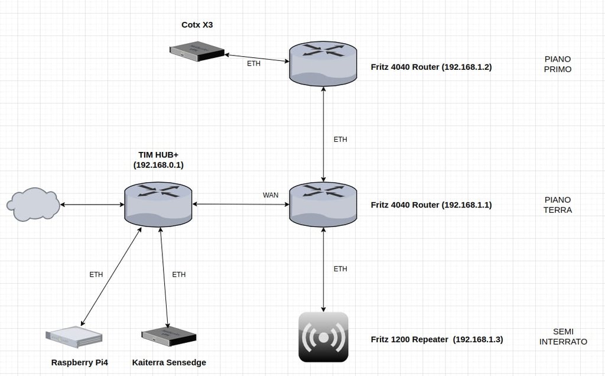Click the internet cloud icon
[34, 205]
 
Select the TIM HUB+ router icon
[158, 203]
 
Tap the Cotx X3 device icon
[196, 51]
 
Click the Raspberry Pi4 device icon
[74, 336]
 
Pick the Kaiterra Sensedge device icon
[169, 336]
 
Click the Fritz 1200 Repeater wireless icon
[323, 337]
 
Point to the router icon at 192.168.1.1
[323, 204]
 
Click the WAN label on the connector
[271, 195]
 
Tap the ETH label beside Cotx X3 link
[253, 64]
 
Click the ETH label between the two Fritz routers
[340, 140]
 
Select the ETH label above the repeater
[340, 269]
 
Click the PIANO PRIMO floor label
[558, 64]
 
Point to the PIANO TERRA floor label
[558, 205]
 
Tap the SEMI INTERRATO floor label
[563, 336]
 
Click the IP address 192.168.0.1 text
[158, 166]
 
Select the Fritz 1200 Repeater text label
[437, 340]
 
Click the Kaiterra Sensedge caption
[169, 362]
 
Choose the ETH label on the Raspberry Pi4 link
[96, 275]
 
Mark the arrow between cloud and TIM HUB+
[92, 205]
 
